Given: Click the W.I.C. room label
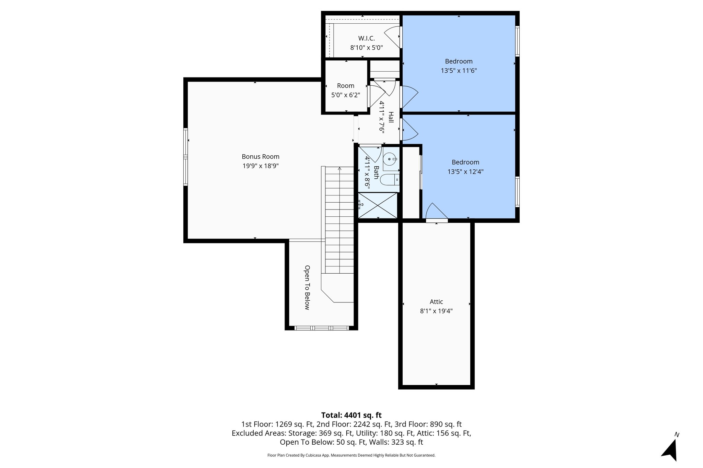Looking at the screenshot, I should coord(366,38).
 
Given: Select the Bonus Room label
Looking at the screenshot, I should coord(261,157).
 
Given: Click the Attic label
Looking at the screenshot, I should coord(436,302).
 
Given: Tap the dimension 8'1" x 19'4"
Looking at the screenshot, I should coord(436,311).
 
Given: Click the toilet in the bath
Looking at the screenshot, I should coord(391,180).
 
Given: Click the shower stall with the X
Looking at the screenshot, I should coord(378,205).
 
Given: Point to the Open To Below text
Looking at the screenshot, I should coord(307,287).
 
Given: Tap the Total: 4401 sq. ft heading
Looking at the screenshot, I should coord(351,415).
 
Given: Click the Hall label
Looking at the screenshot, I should coord(391,117).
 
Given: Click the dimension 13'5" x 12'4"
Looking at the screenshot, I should coord(465,172).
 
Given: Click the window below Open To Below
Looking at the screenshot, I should coord(321,328).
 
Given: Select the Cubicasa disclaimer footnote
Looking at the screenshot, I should coord(351,455).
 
